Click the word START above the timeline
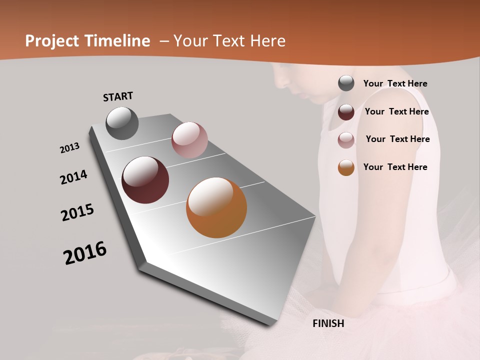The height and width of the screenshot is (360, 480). pyautogui.click(x=118, y=96)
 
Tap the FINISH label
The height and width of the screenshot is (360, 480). pyautogui.click(x=328, y=323)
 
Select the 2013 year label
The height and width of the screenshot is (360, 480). pyautogui.click(x=69, y=148)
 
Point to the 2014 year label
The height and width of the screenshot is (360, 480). pyautogui.click(x=73, y=177)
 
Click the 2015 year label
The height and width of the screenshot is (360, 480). pyautogui.click(x=77, y=212)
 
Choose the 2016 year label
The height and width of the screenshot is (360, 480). pyautogui.click(x=85, y=253)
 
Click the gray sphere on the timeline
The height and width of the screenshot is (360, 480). pyautogui.click(x=122, y=123)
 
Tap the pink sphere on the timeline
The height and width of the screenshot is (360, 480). pyautogui.click(x=189, y=140)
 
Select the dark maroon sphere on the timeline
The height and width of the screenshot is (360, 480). pyautogui.click(x=145, y=180)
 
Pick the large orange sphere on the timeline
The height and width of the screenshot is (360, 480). pyautogui.click(x=216, y=207)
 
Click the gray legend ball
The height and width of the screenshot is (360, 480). pyautogui.click(x=346, y=83)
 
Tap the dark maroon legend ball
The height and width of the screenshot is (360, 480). pyautogui.click(x=346, y=112)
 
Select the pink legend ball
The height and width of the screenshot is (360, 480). pyautogui.click(x=346, y=140)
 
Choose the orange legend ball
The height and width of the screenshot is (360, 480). pyautogui.click(x=346, y=167)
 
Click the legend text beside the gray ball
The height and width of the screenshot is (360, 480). pyautogui.click(x=395, y=83)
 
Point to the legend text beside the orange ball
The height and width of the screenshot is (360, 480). pyautogui.click(x=395, y=167)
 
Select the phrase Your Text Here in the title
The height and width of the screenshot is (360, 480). pyautogui.click(x=229, y=41)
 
